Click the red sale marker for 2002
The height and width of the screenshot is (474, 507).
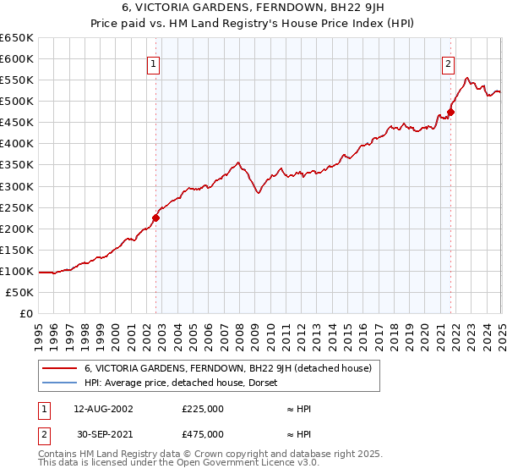click(155, 218)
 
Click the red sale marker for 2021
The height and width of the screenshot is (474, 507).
click(451, 112)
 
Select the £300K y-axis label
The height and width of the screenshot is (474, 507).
click(17, 186)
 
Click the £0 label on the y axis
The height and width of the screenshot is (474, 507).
click(27, 314)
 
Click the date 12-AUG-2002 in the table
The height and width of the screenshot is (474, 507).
click(103, 409)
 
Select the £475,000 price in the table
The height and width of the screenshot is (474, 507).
click(203, 434)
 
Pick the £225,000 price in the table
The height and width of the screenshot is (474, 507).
click(203, 409)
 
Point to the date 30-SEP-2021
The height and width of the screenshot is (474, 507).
click(103, 434)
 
